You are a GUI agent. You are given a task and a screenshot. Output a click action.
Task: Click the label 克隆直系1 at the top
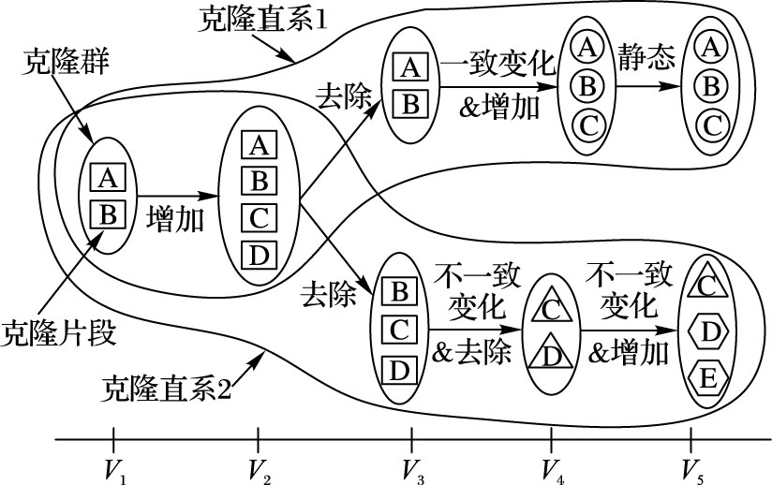[x=263, y=20]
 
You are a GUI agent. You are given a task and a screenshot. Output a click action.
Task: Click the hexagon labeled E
[x=709, y=377]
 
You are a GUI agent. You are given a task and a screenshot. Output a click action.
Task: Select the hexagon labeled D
[x=709, y=331]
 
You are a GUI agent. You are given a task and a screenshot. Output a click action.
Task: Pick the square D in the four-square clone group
[x=260, y=253]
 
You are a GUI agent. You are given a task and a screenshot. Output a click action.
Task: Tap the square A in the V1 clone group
[x=107, y=176]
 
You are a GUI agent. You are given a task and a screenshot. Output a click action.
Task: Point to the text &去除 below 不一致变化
[x=477, y=353]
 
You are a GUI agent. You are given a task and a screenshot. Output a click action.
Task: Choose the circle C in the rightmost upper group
[x=713, y=122]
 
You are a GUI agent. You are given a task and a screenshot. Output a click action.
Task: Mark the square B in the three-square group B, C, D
[x=399, y=290]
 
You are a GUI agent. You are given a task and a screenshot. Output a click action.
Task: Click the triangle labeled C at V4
[x=551, y=307]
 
